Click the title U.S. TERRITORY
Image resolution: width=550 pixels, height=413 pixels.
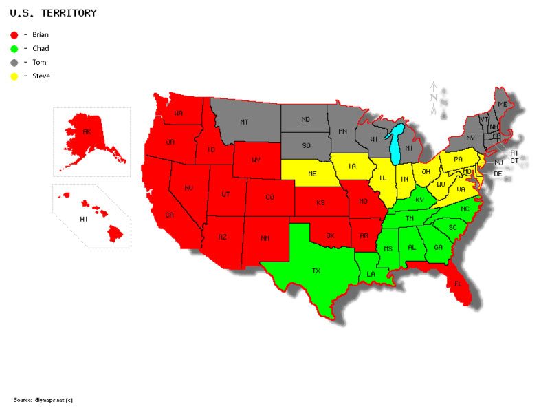coord(53,13)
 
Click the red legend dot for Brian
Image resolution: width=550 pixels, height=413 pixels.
coord(14,34)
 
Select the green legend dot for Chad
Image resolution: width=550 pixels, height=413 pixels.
coord(14,48)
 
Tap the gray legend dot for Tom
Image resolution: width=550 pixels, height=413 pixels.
coord(14,62)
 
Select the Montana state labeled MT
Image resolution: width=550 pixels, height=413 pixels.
coord(243,122)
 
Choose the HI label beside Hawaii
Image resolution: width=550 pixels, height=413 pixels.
coord(83,219)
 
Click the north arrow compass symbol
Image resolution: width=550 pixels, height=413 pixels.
coord(434,96)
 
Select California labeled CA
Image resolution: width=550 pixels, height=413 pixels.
coord(168,215)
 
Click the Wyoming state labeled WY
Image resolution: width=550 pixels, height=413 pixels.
coord(256,160)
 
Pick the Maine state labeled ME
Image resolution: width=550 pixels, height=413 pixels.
coord(502,104)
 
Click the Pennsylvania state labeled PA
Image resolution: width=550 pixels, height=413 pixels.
coord(458,160)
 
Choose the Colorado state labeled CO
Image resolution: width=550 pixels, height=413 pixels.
coord(269,197)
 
